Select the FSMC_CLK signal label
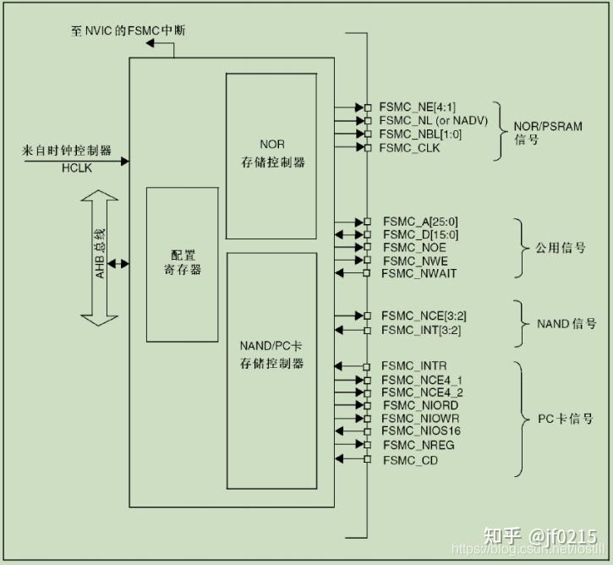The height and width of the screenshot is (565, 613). (409, 148)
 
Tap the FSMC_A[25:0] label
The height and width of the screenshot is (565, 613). (420, 221)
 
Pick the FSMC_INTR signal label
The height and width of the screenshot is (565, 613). (408, 365)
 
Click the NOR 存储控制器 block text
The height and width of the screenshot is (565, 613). (271, 153)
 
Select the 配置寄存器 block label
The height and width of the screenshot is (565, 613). (183, 262)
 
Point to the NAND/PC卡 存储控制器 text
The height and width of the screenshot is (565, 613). (271, 355)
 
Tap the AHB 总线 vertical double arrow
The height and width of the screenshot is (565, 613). (101, 257)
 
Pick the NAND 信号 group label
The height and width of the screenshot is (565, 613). (566, 323)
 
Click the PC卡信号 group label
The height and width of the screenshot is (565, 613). (566, 419)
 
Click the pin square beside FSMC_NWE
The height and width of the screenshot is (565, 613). (368, 261)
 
